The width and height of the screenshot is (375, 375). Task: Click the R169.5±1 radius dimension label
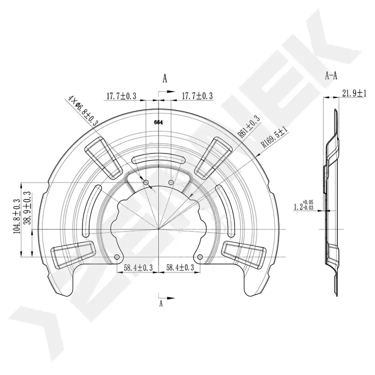click(274, 137)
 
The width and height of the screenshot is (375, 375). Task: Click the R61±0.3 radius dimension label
click(248, 127)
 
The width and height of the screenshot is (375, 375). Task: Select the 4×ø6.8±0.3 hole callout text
click(83, 110)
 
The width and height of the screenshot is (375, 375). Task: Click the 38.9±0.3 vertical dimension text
click(28, 207)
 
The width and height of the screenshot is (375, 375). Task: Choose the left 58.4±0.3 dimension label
click(138, 267)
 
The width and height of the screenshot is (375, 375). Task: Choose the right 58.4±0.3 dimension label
click(180, 267)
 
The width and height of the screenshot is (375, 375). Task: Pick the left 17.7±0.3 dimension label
click(121, 96)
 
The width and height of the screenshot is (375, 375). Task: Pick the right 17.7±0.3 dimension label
click(197, 96)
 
